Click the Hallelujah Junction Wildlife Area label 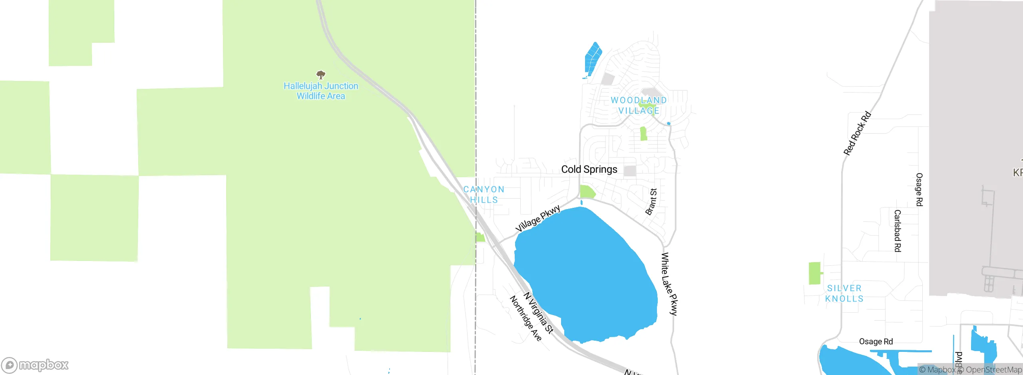320,91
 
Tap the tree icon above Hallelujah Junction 320,75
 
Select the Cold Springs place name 589,170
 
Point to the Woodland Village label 639,105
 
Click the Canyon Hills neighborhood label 484,194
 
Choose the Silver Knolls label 844,293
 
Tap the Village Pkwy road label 538,218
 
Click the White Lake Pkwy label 669,284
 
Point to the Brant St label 651,202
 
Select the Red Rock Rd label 857,134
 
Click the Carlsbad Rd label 898,231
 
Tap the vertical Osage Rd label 919,189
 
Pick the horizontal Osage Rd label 876,341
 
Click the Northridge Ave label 525,318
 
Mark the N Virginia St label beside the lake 539,313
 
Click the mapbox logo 35,365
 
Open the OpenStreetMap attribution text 993,370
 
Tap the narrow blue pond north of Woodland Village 593,59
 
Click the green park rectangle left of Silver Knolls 814,273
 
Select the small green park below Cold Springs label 587,192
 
